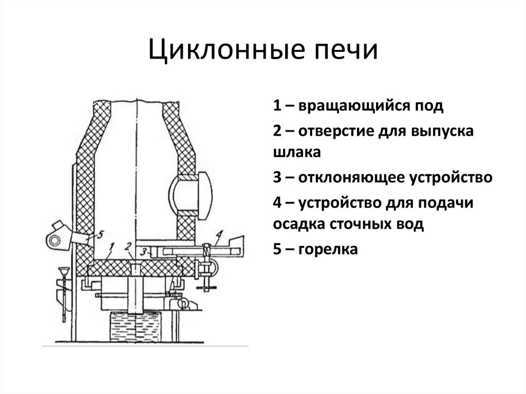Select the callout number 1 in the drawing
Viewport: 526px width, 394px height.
pos(112,248)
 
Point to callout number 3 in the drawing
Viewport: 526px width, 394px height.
pos(145,251)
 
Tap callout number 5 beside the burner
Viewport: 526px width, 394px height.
pos(100,235)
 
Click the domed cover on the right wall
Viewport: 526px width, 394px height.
pos(200,192)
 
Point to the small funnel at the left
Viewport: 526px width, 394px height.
pos(64,271)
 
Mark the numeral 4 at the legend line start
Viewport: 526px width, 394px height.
pos(277,202)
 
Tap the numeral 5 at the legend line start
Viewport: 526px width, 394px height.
pos(277,250)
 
